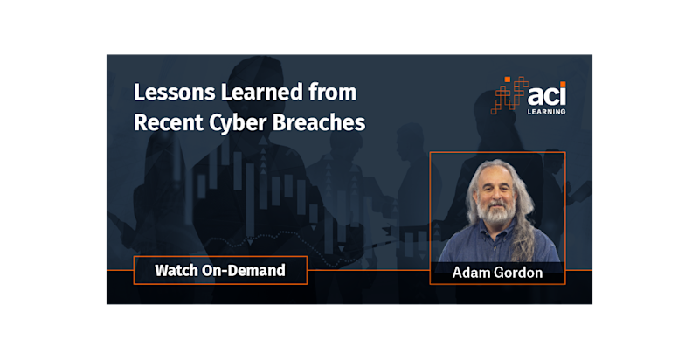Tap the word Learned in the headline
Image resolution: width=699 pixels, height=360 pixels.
pyautogui.click(x=261, y=93)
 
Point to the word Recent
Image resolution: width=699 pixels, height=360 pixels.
pyautogui.click(x=168, y=122)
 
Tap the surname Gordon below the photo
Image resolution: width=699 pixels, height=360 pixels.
pyautogui.click(x=521, y=273)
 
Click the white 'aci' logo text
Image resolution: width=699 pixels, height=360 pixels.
pyautogui.click(x=546, y=95)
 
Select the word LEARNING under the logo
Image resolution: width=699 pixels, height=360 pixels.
pyautogui.click(x=547, y=111)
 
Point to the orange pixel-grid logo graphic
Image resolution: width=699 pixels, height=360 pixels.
pyautogui.click(x=509, y=95)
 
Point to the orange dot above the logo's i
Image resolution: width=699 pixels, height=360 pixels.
pyautogui.click(x=563, y=84)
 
